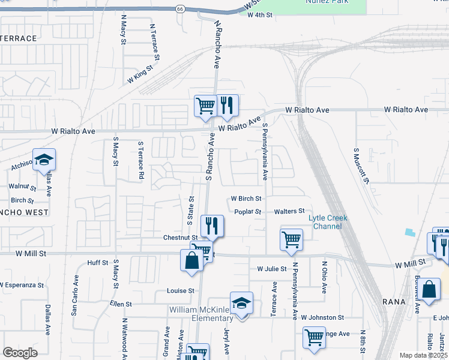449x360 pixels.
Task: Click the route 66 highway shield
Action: (180, 9)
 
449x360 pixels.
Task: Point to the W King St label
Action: (140, 76)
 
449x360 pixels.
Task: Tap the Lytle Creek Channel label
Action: (328, 222)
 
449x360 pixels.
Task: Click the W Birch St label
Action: (246, 199)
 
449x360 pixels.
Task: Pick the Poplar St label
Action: (249, 212)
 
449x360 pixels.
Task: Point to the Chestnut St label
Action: (163, 238)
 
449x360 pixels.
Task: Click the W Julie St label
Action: (271, 269)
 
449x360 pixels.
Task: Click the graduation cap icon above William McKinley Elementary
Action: (241, 304)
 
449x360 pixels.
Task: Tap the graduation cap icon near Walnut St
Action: (44, 160)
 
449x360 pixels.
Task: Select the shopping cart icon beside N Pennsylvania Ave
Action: (291, 239)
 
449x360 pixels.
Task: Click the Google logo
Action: (20, 353)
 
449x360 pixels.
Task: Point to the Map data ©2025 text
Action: (423, 355)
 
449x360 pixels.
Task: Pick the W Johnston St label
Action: (322, 317)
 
